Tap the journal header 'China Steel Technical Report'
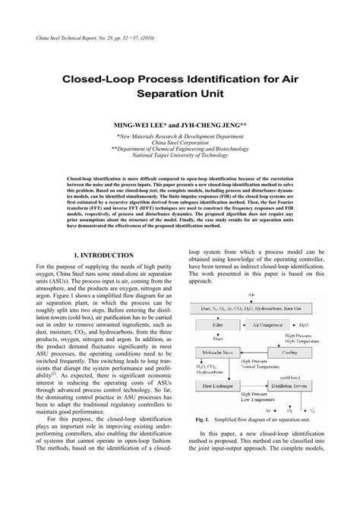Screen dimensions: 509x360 point(82,36)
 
